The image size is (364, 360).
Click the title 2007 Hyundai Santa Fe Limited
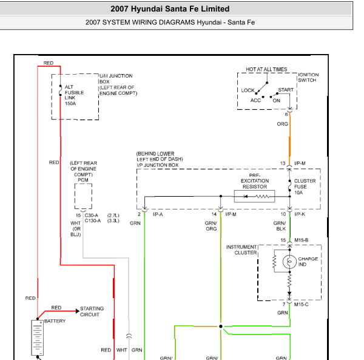tap(170, 9)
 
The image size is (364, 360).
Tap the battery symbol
tap(38, 338)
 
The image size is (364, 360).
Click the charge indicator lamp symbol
tap(289, 262)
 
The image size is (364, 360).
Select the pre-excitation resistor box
tap(254, 196)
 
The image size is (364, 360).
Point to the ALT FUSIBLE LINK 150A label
tap(74, 95)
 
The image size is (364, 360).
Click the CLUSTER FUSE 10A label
tap(305, 187)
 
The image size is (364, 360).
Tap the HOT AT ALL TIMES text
tap(266, 69)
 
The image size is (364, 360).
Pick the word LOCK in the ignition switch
tap(248, 90)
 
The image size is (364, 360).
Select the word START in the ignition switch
tap(286, 90)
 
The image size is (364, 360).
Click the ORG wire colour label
tap(282, 124)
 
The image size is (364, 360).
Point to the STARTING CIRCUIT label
tap(92, 311)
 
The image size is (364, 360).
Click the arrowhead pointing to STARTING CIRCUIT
tap(78, 311)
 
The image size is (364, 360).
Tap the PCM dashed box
tap(83, 196)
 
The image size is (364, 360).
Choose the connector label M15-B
tap(302, 240)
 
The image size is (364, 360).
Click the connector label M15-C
tap(302, 305)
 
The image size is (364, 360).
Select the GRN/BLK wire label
tap(280, 226)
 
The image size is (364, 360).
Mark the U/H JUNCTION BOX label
tap(116, 79)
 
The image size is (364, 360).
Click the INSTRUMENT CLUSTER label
tap(241, 250)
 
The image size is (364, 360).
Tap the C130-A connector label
tap(93, 220)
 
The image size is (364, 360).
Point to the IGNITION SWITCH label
tap(308, 77)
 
